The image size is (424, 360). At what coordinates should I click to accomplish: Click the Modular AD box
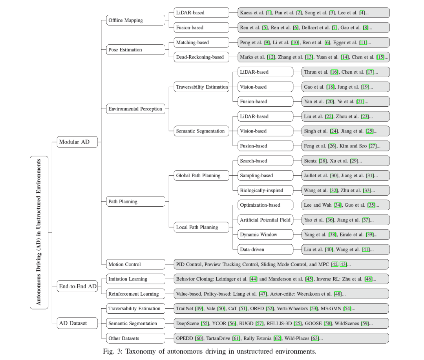point(77,142)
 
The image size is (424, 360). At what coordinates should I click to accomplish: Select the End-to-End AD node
point(77,286)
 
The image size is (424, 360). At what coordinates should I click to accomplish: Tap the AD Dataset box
point(77,323)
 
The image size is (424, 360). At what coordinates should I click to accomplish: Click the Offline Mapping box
point(135,20)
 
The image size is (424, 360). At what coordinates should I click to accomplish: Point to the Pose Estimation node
point(135,50)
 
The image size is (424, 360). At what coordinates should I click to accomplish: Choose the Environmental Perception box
point(135,109)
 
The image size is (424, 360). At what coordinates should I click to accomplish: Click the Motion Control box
point(135,264)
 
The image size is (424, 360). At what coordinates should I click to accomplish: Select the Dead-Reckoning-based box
point(201,57)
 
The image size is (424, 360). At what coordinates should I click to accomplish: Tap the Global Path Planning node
point(201,176)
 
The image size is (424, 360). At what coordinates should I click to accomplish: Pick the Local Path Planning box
point(201,227)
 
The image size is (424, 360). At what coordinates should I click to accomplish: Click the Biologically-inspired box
point(265,191)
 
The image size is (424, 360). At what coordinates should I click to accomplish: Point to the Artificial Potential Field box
point(265,220)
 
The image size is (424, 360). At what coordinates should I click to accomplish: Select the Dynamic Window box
point(265,235)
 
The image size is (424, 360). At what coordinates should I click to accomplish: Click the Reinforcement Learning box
point(135,294)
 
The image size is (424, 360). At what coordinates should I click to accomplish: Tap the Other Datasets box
point(135,338)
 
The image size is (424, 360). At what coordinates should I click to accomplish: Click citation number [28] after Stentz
point(323,161)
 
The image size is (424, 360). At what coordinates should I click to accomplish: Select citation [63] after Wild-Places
point(315,338)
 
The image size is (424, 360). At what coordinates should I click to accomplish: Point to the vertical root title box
point(39,232)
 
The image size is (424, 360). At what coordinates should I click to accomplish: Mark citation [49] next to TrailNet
point(199,309)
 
